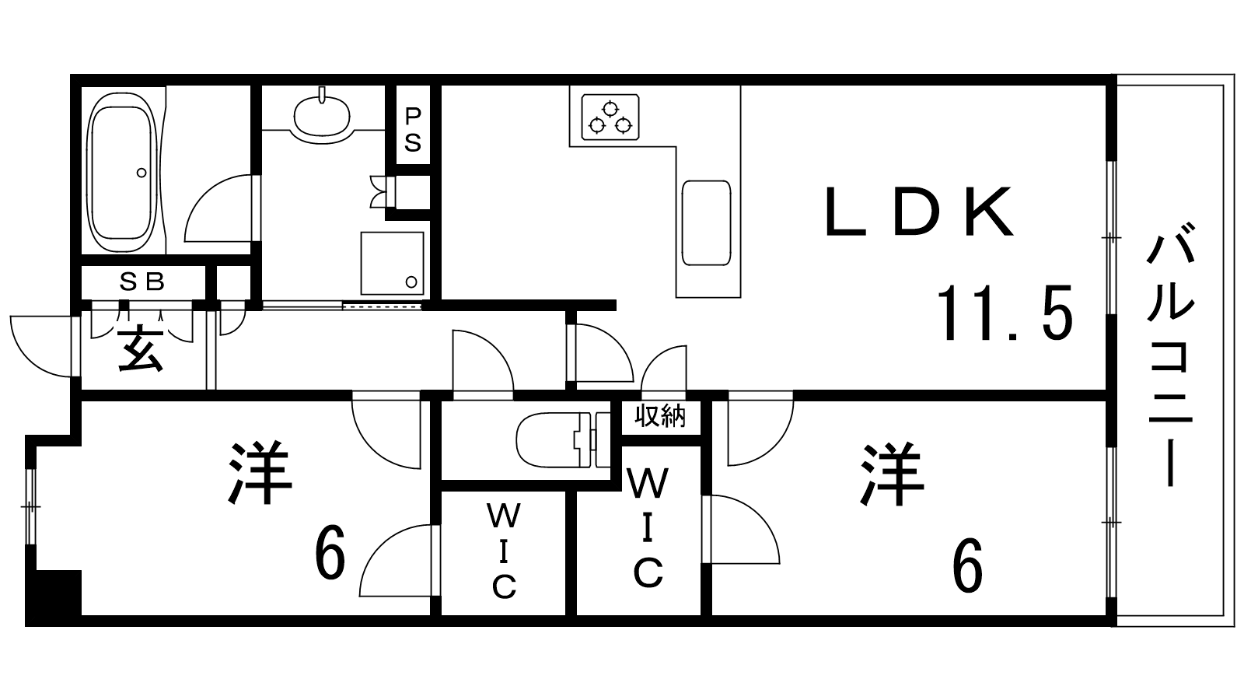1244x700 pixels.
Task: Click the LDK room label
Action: pyautogui.click(x=919, y=212)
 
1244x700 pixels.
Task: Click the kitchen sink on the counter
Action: pyautogui.click(x=706, y=223)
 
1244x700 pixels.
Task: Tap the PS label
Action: pyautogui.click(x=413, y=130)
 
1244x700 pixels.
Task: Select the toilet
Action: pyautogui.click(x=554, y=440)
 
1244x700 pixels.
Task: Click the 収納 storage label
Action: pyautogui.click(x=660, y=417)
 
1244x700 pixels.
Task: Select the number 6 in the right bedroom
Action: pyautogui.click(x=966, y=566)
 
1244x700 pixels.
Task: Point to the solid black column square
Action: pyautogui.click(x=54, y=597)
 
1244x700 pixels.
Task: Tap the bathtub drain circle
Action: pyautogui.click(x=141, y=172)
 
